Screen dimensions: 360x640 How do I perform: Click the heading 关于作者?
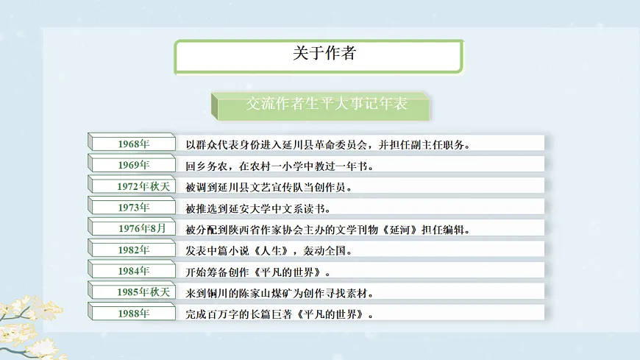pyautogui.click(x=319, y=54)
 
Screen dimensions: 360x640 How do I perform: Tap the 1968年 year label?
pyautogui.click(x=133, y=144)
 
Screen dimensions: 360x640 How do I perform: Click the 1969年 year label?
pyautogui.click(x=133, y=165)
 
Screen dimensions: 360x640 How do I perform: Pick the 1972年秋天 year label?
pyautogui.click(x=143, y=186)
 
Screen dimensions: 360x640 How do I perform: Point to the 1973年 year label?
pyautogui.click(x=133, y=208)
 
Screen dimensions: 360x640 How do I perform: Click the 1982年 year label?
pyautogui.click(x=133, y=250)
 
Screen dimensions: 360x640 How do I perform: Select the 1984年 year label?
pyautogui.click(x=133, y=271)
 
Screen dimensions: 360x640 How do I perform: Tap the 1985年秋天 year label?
pyautogui.click(x=143, y=292)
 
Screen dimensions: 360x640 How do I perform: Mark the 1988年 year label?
pyautogui.click(x=133, y=314)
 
